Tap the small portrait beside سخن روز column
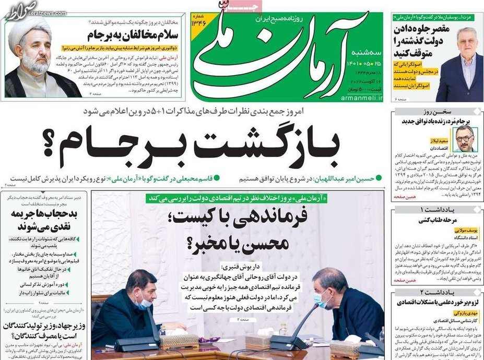[465, 137]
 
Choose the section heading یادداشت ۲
[436, 292]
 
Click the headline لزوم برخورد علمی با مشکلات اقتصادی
[435, 303]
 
